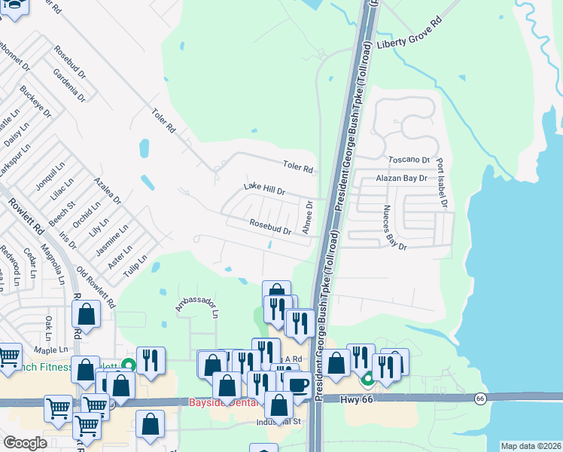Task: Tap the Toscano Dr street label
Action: pyautogui.click(x=408, y=160)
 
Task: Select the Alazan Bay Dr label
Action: pyautogui.click(x=401, y=179)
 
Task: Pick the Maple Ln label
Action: pyautogui.click(x=50, y=350)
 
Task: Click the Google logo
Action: pyautogui.click(x=25, y=442)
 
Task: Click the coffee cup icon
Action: pyautogui.click(x=299, y=385)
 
